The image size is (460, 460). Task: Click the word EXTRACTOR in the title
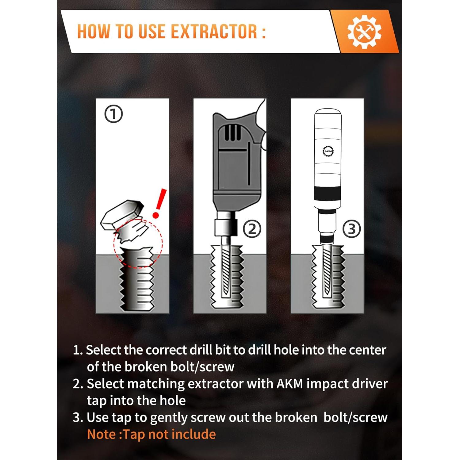[214, 32]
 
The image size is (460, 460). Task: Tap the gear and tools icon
[364, 32]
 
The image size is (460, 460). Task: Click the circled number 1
[113, 114]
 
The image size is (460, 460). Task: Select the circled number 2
[252, 229]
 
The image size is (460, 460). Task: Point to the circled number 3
[351, 229]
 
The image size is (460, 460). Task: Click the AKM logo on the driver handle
[328, 151]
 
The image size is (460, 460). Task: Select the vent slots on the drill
[232, 132]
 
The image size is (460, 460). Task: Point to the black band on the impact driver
[328, 193]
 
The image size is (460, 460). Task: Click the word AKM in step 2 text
[290, 384]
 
